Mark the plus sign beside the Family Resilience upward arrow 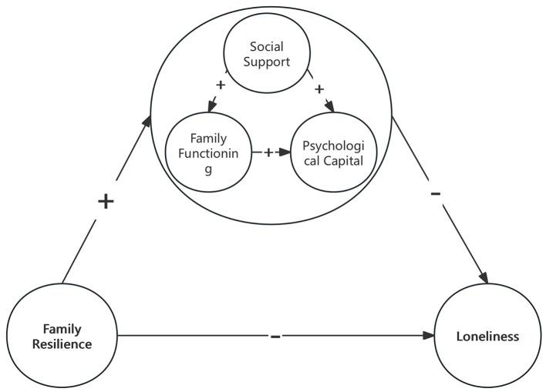tap(106, 202)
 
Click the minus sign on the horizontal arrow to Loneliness tap(275, 337)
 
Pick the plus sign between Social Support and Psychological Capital tap(319, 89)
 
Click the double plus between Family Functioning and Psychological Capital tap(269, 152)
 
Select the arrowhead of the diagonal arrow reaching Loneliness tap(485, 278)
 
